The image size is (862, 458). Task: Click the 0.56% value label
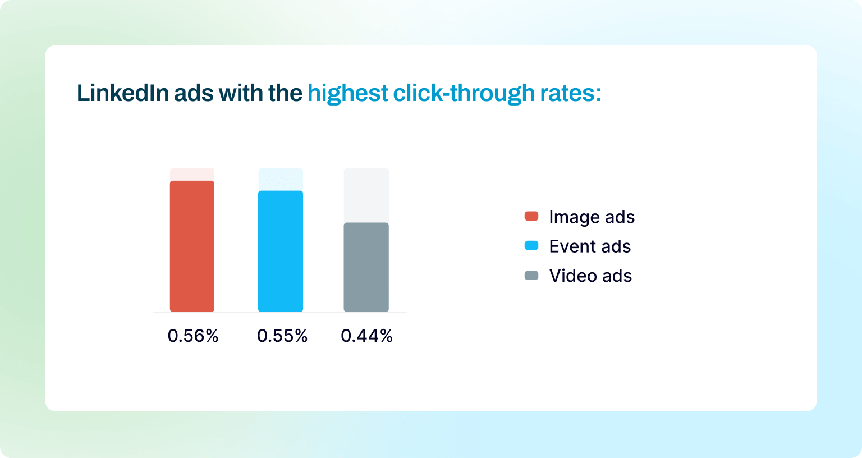point(193,336)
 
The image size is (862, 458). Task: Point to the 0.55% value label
point(282,336)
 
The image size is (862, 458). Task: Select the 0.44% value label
point(366,336)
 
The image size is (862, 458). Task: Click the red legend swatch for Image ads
point(531,216)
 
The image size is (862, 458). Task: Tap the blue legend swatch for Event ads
point(531,245)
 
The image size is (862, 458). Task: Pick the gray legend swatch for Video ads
point(531,275)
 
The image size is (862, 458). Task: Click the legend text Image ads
point(592,217)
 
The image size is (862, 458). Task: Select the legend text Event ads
point(590,246)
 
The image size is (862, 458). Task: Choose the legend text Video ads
point(590,276)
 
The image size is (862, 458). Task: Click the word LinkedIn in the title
point(122,93)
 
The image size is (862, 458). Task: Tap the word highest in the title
point(347,94)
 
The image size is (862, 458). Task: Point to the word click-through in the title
point(464,94)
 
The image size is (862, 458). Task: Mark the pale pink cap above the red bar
point(192,174)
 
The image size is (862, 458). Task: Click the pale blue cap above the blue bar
point(281,179)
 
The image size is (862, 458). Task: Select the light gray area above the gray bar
point(366,195)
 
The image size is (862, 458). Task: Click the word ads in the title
point(194,93)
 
